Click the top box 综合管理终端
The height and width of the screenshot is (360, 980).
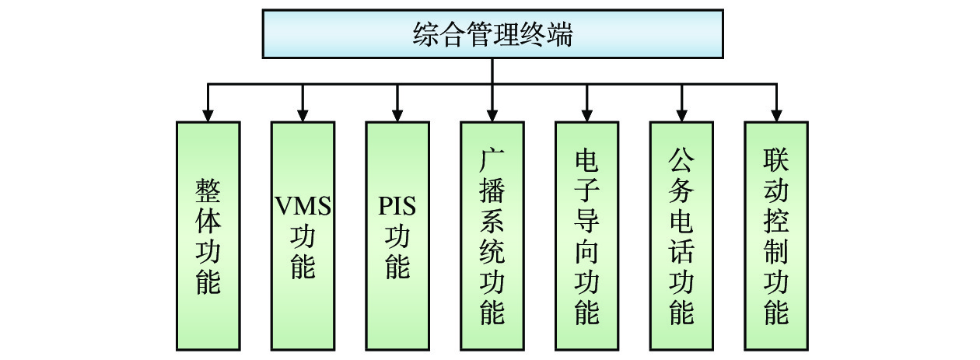click(492, 34)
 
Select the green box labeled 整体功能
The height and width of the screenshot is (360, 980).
click(208, 235)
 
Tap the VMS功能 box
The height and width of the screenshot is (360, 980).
click(303, 235)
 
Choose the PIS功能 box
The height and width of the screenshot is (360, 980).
click(397, 235)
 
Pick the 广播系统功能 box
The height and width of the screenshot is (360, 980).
click(492, 235)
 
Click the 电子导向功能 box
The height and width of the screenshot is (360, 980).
click(587, 235)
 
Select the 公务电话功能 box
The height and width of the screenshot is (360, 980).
click(682, 235)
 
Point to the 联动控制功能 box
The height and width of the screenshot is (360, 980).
click(776, 235)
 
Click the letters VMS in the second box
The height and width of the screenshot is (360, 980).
click(303, 208)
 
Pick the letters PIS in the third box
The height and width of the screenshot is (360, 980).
click(397, 208)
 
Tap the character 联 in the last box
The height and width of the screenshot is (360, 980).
click(776, 160)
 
